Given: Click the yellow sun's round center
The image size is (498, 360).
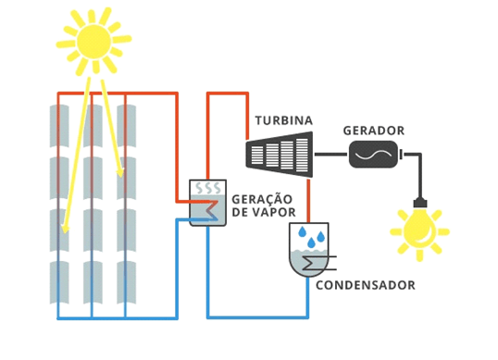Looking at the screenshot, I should point(93,42).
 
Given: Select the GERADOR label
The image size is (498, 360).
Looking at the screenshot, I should point(373,130).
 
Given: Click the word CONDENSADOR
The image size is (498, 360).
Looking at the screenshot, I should point(365,285).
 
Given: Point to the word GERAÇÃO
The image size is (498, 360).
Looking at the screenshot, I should point(262,199).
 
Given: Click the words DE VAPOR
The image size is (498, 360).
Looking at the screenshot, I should point(262,213).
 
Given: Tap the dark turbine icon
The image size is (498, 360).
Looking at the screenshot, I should point(279,152).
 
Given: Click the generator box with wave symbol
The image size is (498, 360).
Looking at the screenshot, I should point(373,154).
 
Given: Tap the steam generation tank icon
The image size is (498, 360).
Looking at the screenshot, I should point(207,203).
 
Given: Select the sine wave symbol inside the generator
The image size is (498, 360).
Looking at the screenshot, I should point(373,155).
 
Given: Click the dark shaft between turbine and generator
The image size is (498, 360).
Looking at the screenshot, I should point(330,154).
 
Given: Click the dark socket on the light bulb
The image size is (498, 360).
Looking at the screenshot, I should point(418,204).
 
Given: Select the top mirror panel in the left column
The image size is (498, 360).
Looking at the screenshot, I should point(59,125).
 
